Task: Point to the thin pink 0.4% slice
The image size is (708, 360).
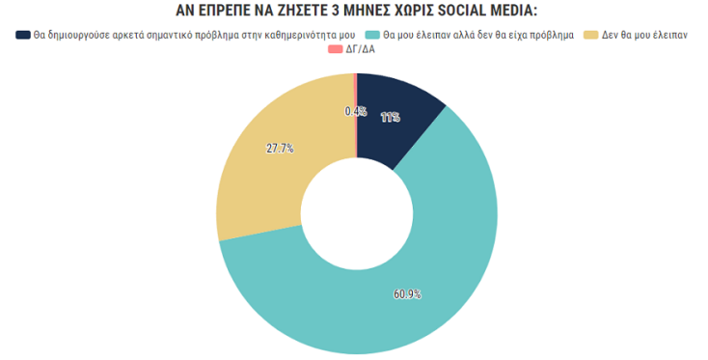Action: click(355, 92)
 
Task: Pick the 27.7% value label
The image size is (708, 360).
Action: click(280, 149)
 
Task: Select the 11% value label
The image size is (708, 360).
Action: click(391, 118)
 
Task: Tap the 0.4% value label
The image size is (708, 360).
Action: click(355, 112)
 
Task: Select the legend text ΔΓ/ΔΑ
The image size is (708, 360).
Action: click(360, 48)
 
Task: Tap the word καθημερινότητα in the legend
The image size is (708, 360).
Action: click(294, 36)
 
